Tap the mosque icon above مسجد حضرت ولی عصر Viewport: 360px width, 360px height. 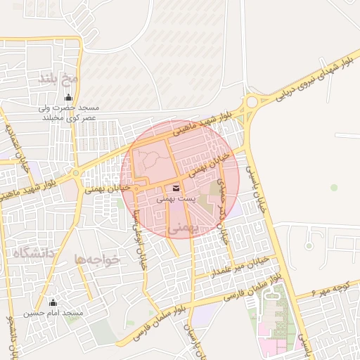pos(68,97)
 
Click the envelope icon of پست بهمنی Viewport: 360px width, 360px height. pos(175,188)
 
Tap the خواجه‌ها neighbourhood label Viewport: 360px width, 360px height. pos(98,259)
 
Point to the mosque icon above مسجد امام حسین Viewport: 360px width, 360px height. pos(53,302)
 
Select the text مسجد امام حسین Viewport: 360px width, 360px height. pos(53,312)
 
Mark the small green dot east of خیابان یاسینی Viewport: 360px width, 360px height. pos(334,187)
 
